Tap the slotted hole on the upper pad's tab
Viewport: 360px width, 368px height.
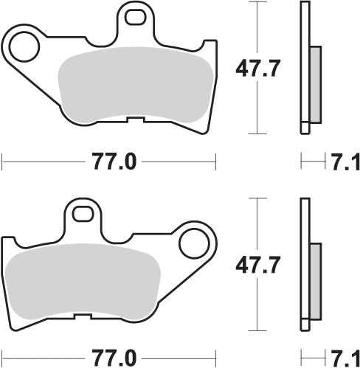134,14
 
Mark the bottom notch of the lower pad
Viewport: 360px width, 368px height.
83,315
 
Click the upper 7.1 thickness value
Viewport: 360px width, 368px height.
344,162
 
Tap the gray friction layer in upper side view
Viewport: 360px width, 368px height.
315,83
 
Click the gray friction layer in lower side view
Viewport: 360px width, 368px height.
315,280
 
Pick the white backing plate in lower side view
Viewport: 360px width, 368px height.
304,221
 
